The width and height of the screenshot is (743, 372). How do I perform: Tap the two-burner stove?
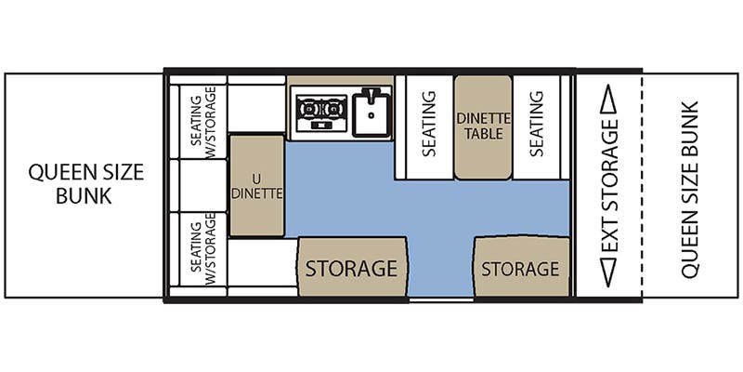pos(321,113)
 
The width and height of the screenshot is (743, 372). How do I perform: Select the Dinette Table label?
pos(483,126)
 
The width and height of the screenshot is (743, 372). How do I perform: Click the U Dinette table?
pos(257,185)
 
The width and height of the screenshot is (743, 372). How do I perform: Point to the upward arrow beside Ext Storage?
pos(608,99)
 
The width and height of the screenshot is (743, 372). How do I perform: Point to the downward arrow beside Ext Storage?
pos(608,272)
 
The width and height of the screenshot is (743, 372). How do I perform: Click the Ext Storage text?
pos(608,185)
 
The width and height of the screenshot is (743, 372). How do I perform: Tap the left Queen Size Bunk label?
pos(85,183)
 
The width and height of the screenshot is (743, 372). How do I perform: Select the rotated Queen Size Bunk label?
pos(689,190)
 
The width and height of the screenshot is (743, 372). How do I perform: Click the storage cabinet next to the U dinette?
pos(352,267)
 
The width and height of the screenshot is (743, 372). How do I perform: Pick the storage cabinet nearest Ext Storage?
pos(521,266)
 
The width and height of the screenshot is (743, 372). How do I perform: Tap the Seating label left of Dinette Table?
pos(428,124)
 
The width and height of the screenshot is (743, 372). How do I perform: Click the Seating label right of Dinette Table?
pos(536,124)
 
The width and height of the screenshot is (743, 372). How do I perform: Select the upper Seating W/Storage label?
pos(202,122)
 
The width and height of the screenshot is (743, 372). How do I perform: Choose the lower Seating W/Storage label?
pos(202,248)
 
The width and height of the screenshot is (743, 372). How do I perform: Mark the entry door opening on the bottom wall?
pos(441,299)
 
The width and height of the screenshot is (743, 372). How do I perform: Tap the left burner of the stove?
pos(309,109)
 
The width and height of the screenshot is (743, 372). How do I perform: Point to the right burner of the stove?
pos(334,109)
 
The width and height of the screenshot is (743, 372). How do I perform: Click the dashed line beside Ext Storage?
pos(642,185)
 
